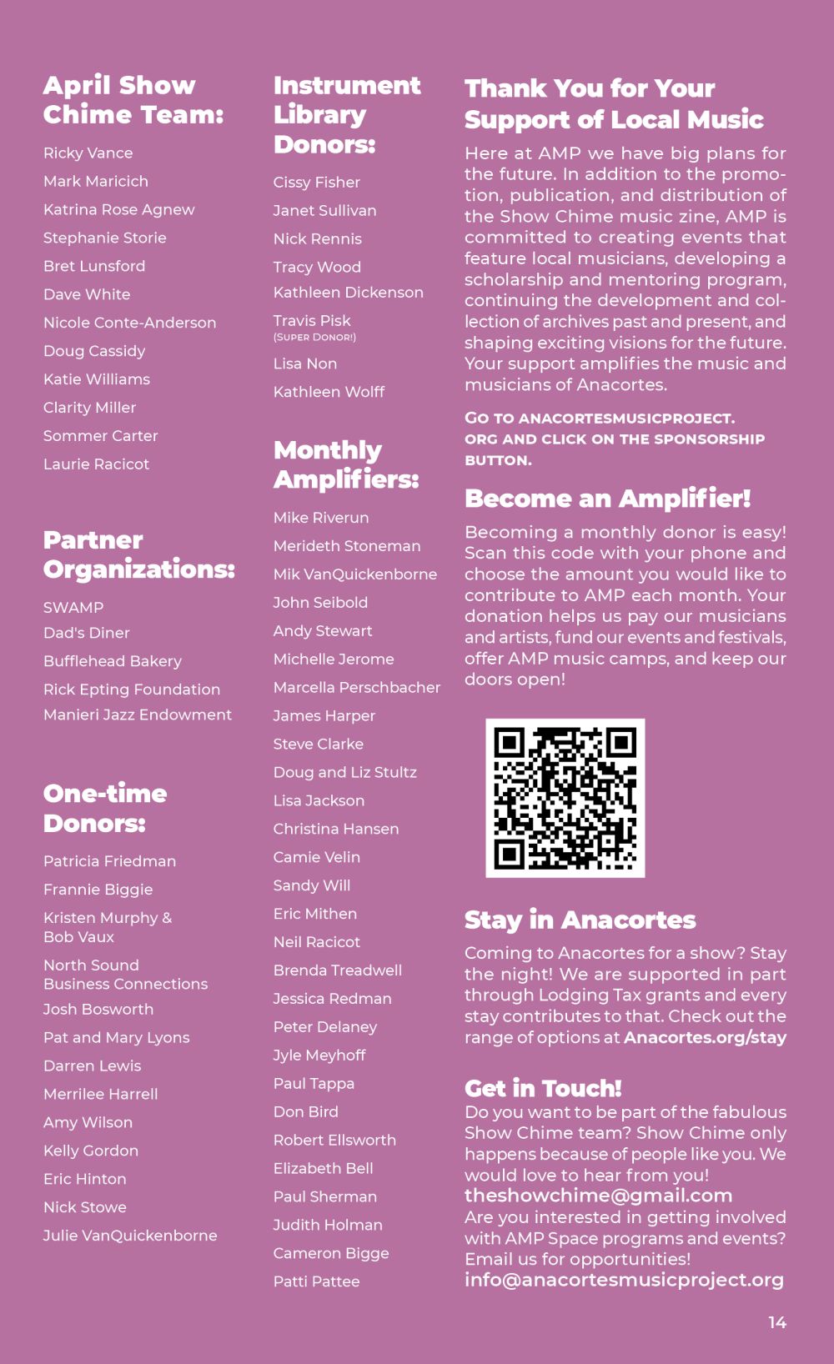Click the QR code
pos(565,798)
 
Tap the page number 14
pos(777,1322)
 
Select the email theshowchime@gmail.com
pos(598,1196)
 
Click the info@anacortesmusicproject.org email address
pos(624,1280)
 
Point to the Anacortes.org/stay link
pos(705,1038)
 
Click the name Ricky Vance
pos(88,153)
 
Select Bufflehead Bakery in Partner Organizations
pos(113,661)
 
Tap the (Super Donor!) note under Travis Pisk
pos(314,338)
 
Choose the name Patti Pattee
pos(316,1281)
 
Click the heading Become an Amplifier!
pos(607,499)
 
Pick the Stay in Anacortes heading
pos(580,920)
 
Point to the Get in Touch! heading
pos(543,1088)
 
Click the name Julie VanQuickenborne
pos(130,1236)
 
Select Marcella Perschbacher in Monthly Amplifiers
pos(356,688)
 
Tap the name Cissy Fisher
pos(316,183)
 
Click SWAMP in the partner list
pos(73,608)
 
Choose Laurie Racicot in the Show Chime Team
pos(96,464)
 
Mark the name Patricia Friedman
pos(109,861)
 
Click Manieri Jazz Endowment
pos(138,715)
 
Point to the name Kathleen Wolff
pos(329,392)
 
